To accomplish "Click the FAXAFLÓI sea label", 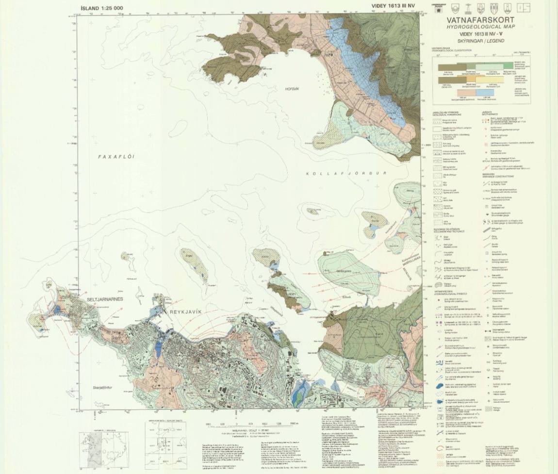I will click(115, 157).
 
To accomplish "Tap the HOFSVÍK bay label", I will click(292, 89).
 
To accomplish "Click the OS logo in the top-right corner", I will click(523, 7).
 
